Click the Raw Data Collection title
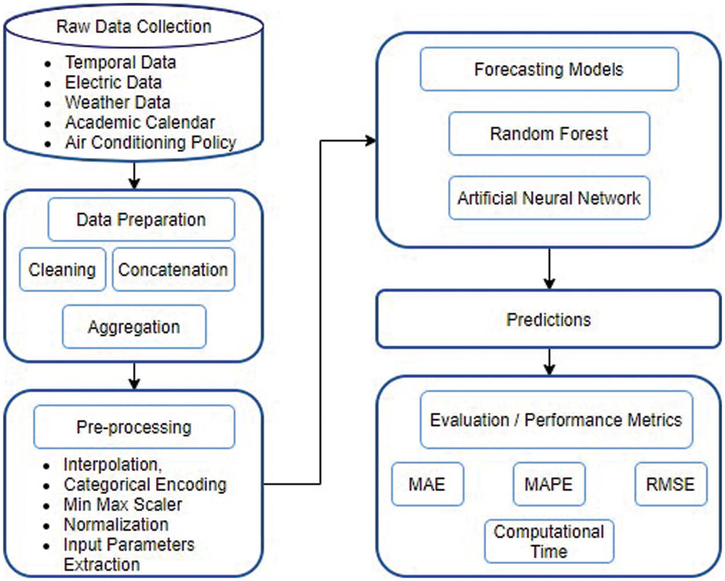133,27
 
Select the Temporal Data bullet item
120,62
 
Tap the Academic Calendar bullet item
140,122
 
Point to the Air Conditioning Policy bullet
150,143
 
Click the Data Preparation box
141,220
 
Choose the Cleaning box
62,270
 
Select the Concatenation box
173,270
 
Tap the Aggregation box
134,327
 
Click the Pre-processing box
134,427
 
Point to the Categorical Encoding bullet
145,485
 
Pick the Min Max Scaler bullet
123,504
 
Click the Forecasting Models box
549,70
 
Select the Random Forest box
549,134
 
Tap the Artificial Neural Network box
549,198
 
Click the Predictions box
549,319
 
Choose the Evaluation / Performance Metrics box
556,420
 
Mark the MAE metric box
427,484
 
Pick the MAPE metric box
549,484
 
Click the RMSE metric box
670,484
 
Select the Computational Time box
549,542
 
